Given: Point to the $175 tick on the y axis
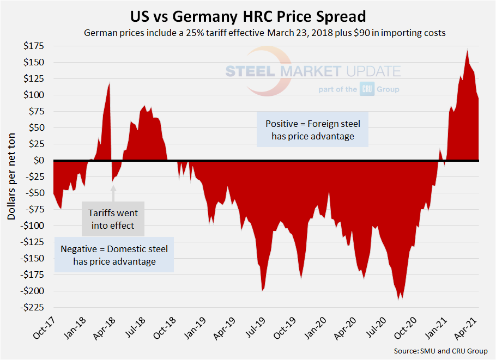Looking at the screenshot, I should pos(36,46).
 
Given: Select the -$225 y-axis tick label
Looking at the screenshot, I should pos(34,307).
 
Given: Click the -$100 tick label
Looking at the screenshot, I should pos(35,225).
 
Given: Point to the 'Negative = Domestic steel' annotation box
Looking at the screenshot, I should pos(114,255).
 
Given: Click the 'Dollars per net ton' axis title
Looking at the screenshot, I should pos(11,177).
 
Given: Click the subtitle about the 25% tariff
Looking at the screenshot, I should pos(264,33).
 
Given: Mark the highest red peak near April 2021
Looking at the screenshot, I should pos(468,51).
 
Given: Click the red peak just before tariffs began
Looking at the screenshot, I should pos(110,83).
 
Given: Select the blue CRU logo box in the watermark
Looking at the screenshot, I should pos(366,89).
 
